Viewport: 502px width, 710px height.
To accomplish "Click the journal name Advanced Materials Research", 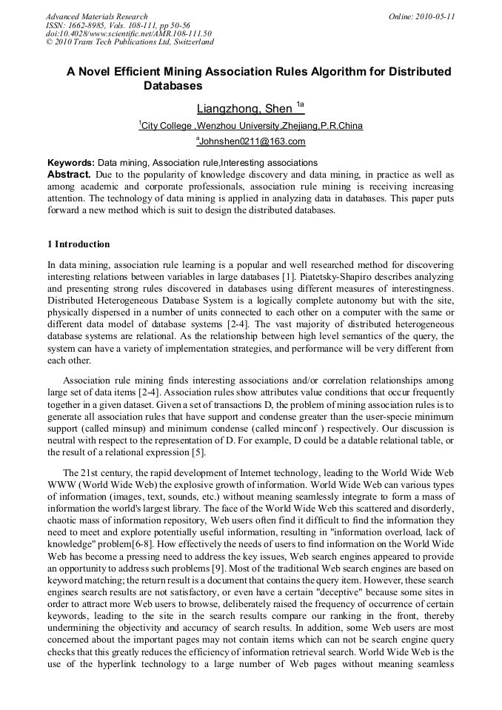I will click(96, 16).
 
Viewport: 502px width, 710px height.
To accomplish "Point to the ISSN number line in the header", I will click(118, 25).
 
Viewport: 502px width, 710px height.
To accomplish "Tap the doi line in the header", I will click(128, 33).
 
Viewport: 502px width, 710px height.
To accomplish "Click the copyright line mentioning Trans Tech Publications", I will click(130, 42).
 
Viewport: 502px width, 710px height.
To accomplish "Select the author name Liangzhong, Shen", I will click(244, 109).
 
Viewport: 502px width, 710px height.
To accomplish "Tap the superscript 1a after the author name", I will click(300, 104).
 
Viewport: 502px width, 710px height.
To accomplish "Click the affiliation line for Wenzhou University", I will click(252, 126).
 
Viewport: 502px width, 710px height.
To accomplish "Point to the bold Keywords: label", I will click(71, 162).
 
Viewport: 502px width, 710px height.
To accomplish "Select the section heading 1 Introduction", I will click(78, 244).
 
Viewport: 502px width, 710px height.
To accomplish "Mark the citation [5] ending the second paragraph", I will click(198, 453).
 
